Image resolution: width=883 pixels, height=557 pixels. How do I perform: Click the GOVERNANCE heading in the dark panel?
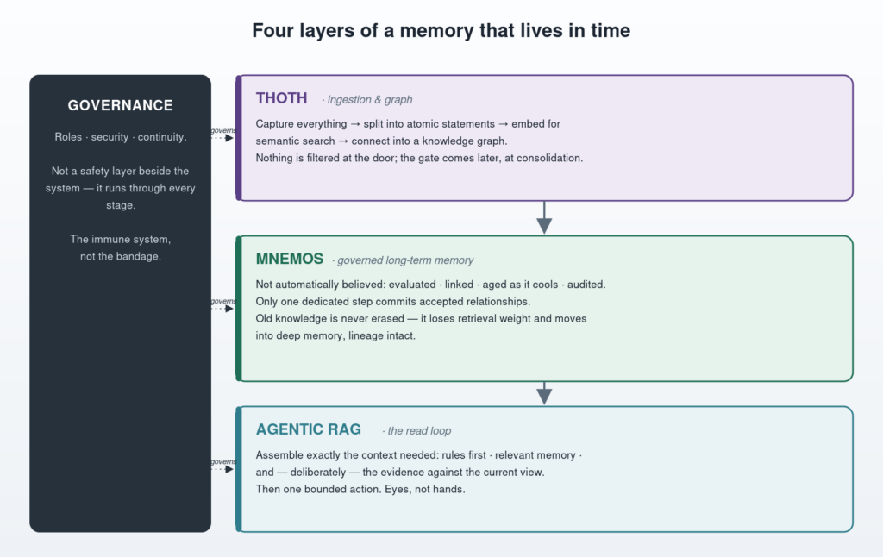point(120,105)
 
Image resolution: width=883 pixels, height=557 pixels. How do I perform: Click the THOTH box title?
point(282,98)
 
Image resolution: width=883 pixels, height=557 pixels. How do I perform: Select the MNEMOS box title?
point(290,259)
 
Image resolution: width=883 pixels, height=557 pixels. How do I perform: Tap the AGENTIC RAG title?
point(309,429)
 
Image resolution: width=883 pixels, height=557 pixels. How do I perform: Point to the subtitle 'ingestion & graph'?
point(370,100)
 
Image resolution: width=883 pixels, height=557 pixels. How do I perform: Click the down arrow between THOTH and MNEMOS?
point(544,217)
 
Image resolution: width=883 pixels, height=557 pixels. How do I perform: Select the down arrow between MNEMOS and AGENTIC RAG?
point(544,393)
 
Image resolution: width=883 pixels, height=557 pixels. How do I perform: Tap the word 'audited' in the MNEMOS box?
point(586,285)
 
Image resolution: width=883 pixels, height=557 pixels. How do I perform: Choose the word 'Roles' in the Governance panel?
point(68,137)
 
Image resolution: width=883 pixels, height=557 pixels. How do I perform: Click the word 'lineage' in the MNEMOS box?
point(365,335)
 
